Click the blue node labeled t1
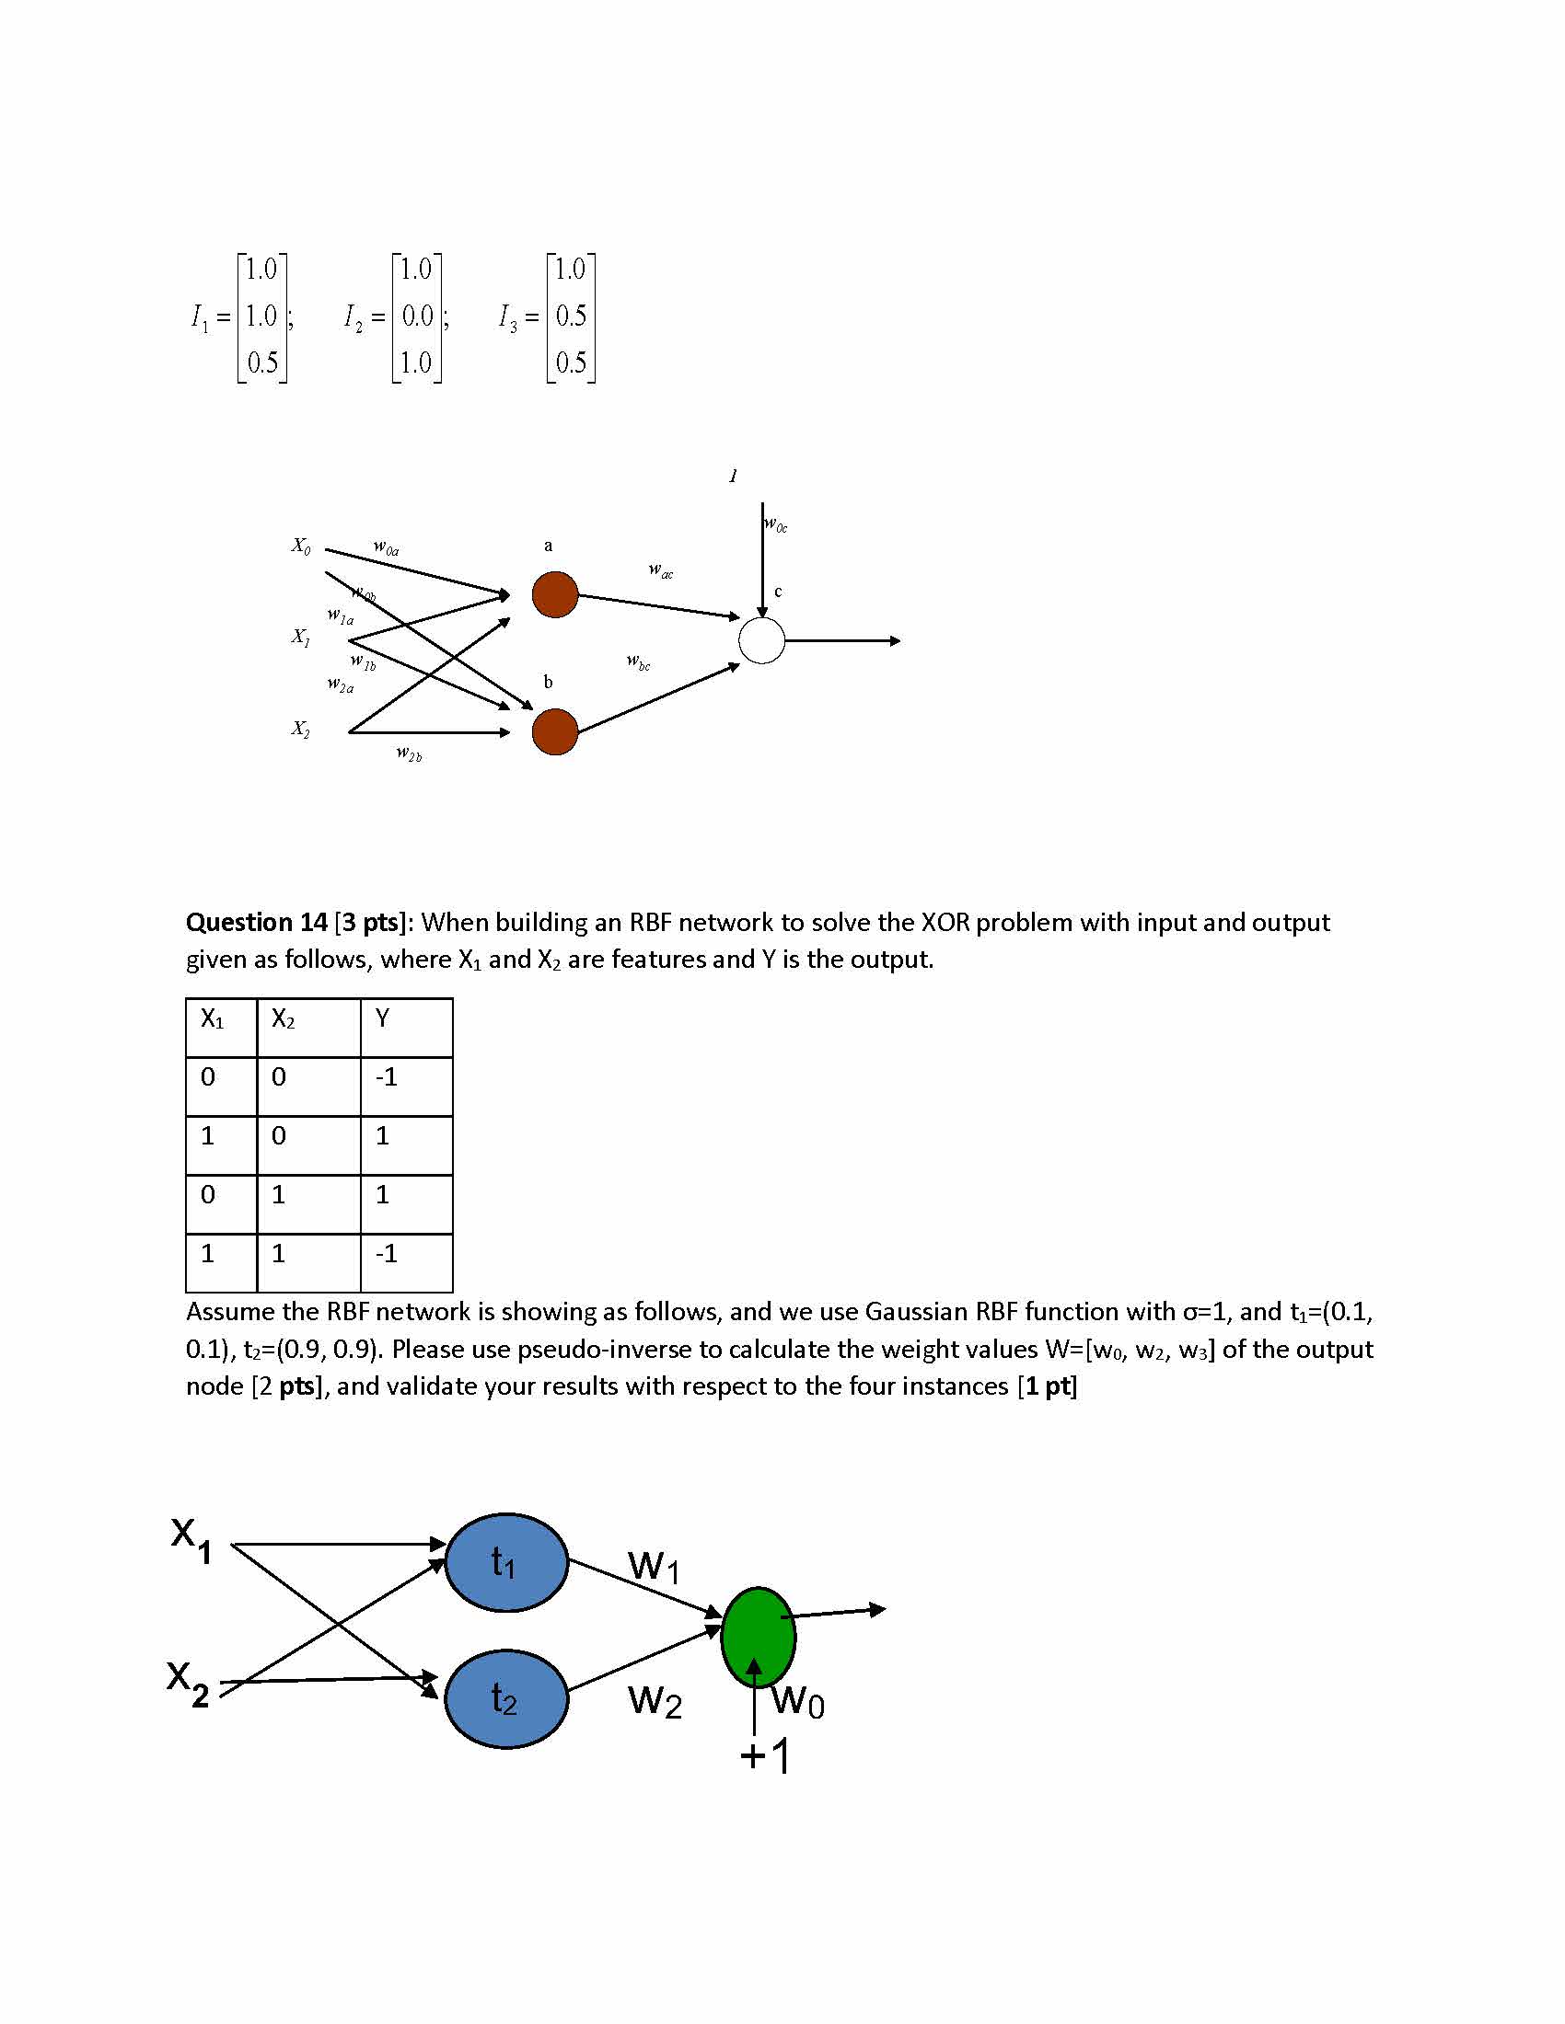coord(506,1561)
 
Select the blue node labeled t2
coord(506,1697)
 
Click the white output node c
coord(761,640)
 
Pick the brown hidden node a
coord(554,594)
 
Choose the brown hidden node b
coord(554,731)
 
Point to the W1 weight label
coord(655,1567)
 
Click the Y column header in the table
coord(383,1018)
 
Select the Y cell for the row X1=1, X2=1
coord(387,1254)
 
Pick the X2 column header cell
coord(283,1019)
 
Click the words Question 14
coord(256,922)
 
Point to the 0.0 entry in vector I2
coord(417,316)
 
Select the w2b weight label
coord(409,753)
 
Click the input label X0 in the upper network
coord(301,546)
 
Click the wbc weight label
coord(638,661)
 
